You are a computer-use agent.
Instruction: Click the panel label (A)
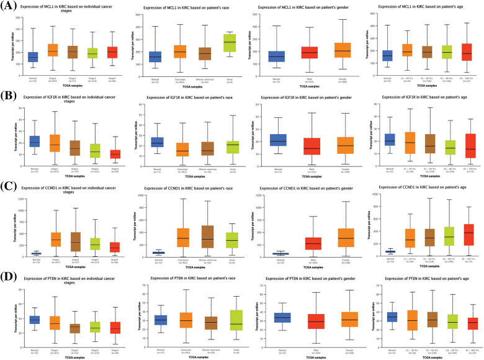click(x=8, y=6)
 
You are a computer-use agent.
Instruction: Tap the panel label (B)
click(x=8, y=97)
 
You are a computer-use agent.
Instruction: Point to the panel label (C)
click(x=8, y=184)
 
